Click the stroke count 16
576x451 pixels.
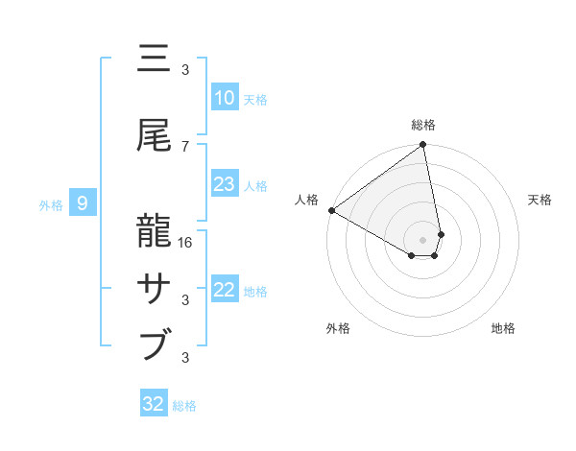(186, 243)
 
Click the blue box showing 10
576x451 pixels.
(224, 98)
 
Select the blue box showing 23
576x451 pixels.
(224, 184)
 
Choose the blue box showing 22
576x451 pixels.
(224, 290)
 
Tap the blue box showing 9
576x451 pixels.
(83, 202)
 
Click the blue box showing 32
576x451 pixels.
(154, 404)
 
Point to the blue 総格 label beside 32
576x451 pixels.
(184, 406)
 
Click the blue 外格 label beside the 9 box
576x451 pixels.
(51, 204)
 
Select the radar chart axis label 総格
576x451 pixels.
(423, 125)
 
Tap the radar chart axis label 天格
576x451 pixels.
(540, 200)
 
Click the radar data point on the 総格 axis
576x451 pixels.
(422, 146)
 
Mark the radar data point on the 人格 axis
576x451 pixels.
(331, 210)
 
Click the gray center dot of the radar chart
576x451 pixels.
(422, 239)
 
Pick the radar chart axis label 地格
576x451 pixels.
(503, 329)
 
